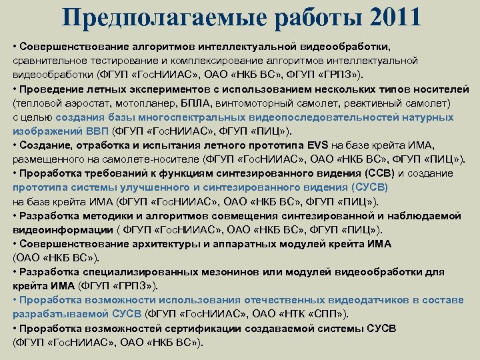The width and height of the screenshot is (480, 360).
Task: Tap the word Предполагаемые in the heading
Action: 159,17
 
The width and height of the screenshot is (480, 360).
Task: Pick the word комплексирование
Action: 210,61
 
